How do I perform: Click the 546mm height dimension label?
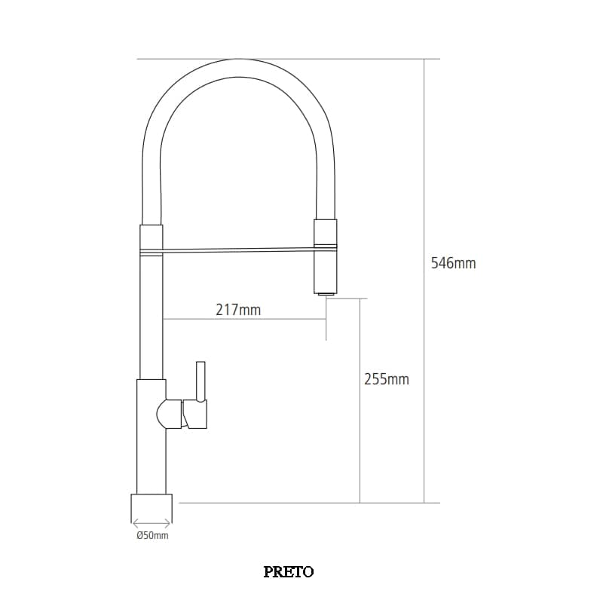click(x=453, y=264)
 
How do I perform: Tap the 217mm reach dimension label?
click(x=238, y=310)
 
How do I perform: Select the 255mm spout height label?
click(x=386, y=380)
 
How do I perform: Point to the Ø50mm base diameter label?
click(x=152, y=536)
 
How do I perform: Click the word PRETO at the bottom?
click(x=289, y=571)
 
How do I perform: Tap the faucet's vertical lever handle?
click(x=200, y=381)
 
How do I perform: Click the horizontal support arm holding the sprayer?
click(x=237, y=250)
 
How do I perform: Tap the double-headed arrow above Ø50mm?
click(x=152, y=523)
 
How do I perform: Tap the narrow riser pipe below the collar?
click(x=152, y=317)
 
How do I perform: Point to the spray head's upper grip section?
click(x=326, y=234)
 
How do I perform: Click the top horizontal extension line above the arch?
click(x=286, y=59)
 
